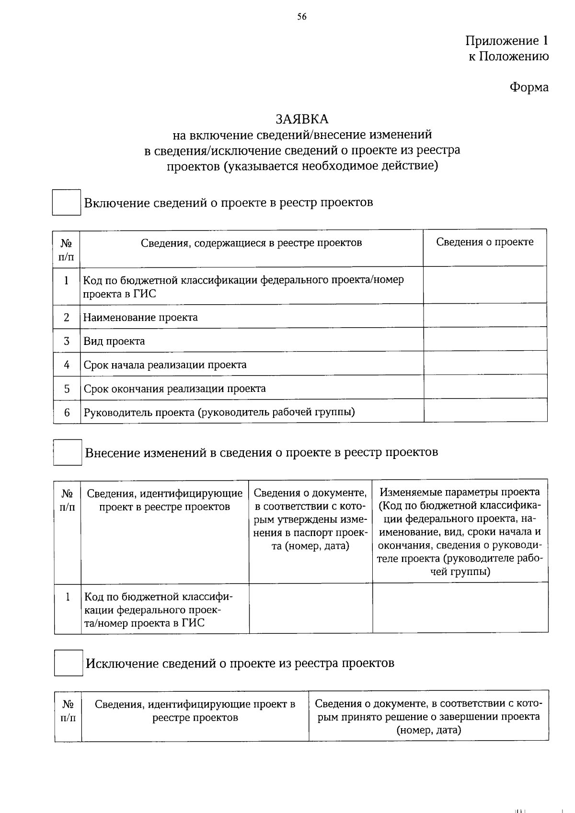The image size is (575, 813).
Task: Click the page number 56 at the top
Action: click(302, 17)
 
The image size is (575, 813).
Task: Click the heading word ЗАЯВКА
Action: click(302, 119)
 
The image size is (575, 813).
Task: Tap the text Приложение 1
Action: click(506, 41)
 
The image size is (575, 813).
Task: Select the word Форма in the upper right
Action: click(529, 87)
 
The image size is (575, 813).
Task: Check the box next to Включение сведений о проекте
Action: click(66, 202)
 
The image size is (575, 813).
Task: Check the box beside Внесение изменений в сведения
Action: click(67, 452)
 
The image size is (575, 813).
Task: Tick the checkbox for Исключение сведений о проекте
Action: click(68, 663)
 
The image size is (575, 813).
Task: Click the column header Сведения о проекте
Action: click(484, 242)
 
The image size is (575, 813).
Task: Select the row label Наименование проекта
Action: click(140, 318)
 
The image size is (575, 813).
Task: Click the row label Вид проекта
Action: click(114, 342)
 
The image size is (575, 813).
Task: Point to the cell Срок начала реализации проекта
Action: click(165, 365)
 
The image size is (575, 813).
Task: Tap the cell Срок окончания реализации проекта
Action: click(174, 389)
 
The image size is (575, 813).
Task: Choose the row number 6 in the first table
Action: click(67, 412)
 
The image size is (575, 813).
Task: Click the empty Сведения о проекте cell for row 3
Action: click(485, 340)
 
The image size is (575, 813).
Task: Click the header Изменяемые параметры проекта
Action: click(460, 492)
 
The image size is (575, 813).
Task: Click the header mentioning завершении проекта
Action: click(428, 717)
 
